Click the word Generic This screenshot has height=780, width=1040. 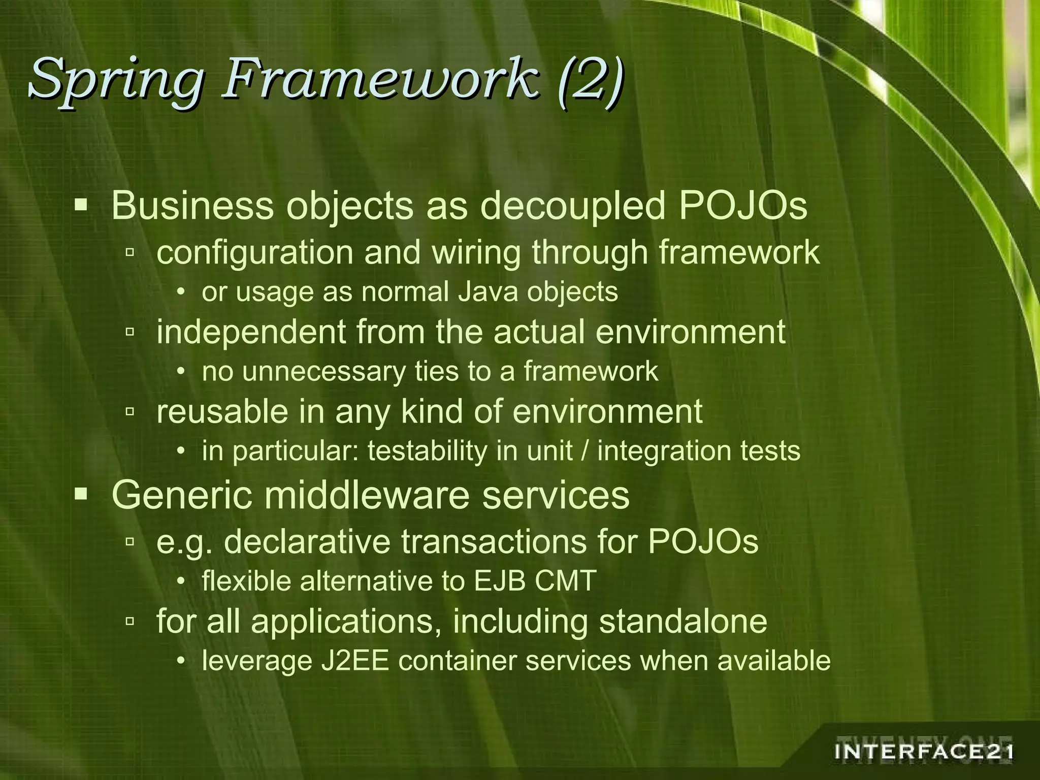point(182,495)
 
